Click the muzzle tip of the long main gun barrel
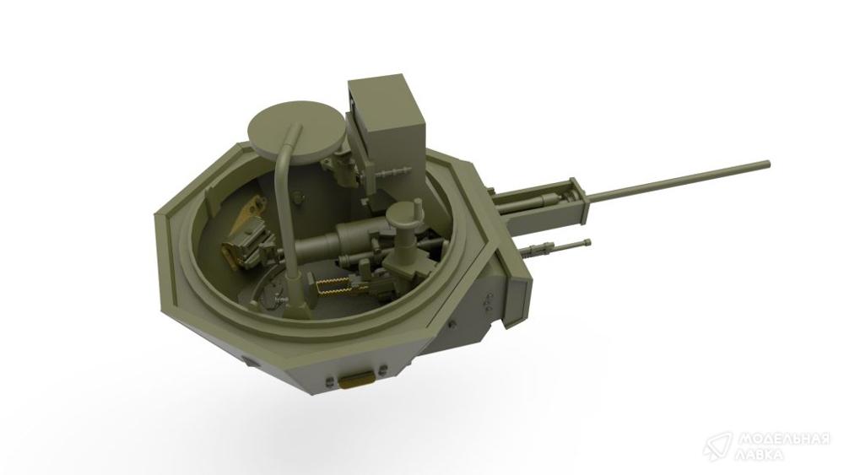pyautogui.click(x=767, y=164)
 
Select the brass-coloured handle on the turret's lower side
pyautogui.click(x=357, y=380)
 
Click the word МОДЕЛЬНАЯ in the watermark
pyautogui.click(x=784, y=439)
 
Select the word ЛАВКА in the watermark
pyautogui.click(x=761, y=455)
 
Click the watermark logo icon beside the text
pyautogui.click(x=717, y=445)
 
